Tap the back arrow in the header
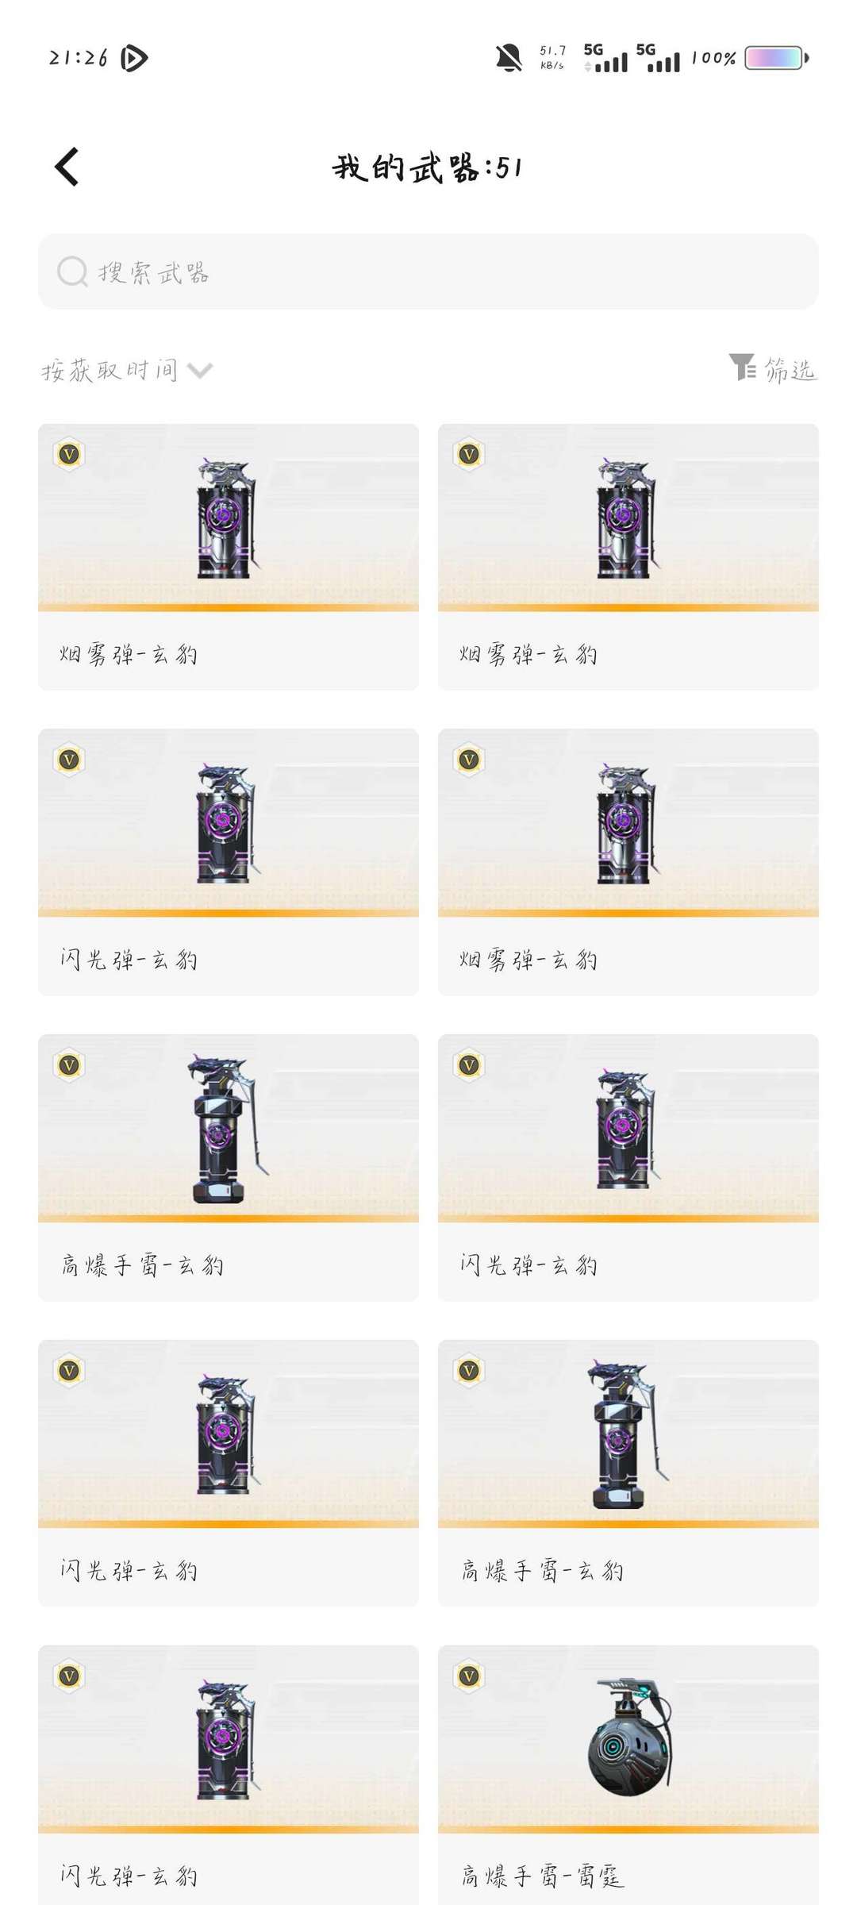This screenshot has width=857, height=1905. pos(67,167)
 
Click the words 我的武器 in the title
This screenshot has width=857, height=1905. pos(405,167)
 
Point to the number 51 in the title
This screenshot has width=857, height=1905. pos(509,167)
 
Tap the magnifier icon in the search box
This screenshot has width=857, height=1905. pos(72,271)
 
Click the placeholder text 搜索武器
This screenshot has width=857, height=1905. pos(153,272)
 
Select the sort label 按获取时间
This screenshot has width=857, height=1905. pos(110,370)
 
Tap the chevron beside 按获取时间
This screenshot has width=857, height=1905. pos(200,371)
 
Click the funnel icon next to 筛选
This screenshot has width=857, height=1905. pos(742,367)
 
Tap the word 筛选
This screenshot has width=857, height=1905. pos(790,369)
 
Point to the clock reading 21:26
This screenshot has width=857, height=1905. pos(78,58)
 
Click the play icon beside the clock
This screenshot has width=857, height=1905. pos(134,58)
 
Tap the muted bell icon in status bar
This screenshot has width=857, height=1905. pos(509,58)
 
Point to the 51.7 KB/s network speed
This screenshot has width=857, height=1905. pos(552,57)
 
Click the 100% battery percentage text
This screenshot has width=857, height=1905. pos(713,58)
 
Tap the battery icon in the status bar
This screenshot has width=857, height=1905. pos(777,58)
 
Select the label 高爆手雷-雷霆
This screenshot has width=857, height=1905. pos(543,1876)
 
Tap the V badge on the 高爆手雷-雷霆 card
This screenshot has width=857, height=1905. pos(469,1676)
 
